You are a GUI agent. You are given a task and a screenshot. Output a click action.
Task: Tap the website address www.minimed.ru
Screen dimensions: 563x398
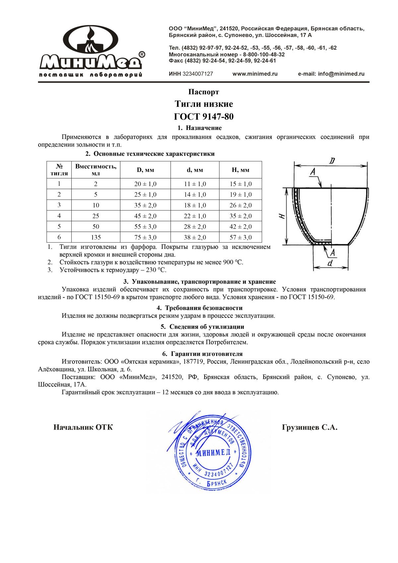pyautogui.click(x=255, y=74)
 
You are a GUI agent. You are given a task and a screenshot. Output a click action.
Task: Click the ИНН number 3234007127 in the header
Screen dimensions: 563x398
pyautogui.click(x=198, y=74)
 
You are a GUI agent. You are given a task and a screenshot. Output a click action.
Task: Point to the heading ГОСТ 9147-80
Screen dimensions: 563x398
pyautogui.click(x=204, y=117)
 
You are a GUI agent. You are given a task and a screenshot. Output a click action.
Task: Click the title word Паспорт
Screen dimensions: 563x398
pyautogui.click(x=204, y=92)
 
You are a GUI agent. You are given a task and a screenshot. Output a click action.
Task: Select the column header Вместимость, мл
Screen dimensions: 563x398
pyautogui.click(x=96, y=170)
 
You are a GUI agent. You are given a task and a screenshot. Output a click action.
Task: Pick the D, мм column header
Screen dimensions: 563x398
pyautogui.click(x=145, y=170)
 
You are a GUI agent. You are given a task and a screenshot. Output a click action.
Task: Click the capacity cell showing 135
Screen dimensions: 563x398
pyautogui.click(x=96, y=237)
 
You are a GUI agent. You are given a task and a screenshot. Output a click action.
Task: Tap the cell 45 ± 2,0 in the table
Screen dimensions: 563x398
pyautogui.click(x=145, y=216)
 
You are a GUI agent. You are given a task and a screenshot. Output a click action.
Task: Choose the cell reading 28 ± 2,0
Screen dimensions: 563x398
pyautogui.click(x=195, y=227)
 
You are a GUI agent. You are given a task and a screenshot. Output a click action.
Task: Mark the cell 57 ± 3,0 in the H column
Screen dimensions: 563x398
pyautogui.click(x=240, y=237)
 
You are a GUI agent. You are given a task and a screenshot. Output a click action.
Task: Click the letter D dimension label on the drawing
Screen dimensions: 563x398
pyautogui.click(x=332, y=161)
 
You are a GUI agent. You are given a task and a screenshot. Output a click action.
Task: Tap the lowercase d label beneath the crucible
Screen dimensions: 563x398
pyautogui.click(x=330, y=264)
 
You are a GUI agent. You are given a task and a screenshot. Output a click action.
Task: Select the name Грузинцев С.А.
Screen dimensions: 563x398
pyautogui.click(x=309, y=427)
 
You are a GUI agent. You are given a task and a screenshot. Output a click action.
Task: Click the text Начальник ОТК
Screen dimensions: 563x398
pyautogui.click(x=83, y=427)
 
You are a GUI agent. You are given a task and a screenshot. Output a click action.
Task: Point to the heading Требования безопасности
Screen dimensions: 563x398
pyautogui.click(x=204, y=308)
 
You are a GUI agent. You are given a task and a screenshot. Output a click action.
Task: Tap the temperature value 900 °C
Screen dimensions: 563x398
pyautogui.click(x=233, y=262)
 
